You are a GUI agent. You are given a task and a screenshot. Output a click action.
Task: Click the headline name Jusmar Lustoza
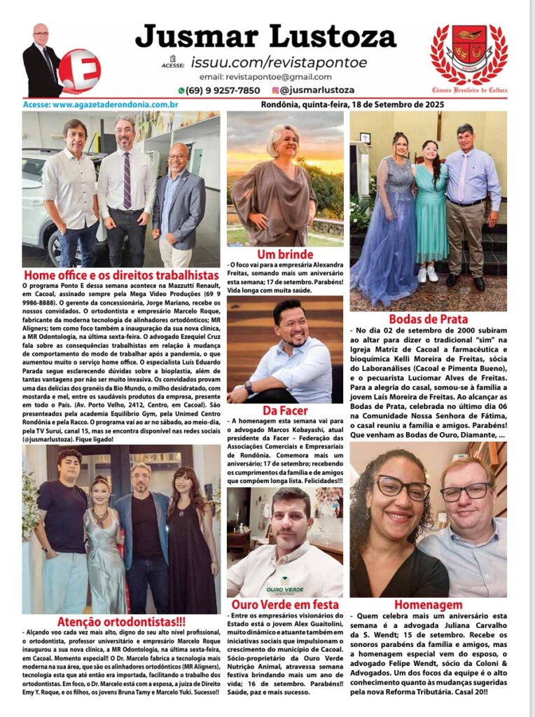(x=265, y=37)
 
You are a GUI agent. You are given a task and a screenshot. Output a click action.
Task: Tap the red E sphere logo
(x=79, y=71)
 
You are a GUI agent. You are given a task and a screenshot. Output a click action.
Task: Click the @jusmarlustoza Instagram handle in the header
(x=317, y=90)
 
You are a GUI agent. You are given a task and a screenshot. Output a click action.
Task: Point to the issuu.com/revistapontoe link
(x=278, y=62)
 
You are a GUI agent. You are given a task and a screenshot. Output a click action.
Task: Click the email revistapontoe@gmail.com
(x=265, y=77)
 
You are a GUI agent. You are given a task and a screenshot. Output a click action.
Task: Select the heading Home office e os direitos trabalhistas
(x=121, y=275)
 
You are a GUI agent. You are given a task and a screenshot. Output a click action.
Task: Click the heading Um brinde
(x=285, y=254)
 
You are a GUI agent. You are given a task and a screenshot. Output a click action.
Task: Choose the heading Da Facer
(x=284, y=410)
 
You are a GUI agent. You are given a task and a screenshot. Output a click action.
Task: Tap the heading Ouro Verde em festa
(x=284, y=604)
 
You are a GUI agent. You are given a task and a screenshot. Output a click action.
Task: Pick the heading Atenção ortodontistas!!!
(x=121, y=621)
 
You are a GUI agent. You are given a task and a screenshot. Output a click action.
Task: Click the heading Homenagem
(x=428, y=604)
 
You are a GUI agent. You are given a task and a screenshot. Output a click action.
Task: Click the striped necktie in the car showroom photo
(x=127, y=180)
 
